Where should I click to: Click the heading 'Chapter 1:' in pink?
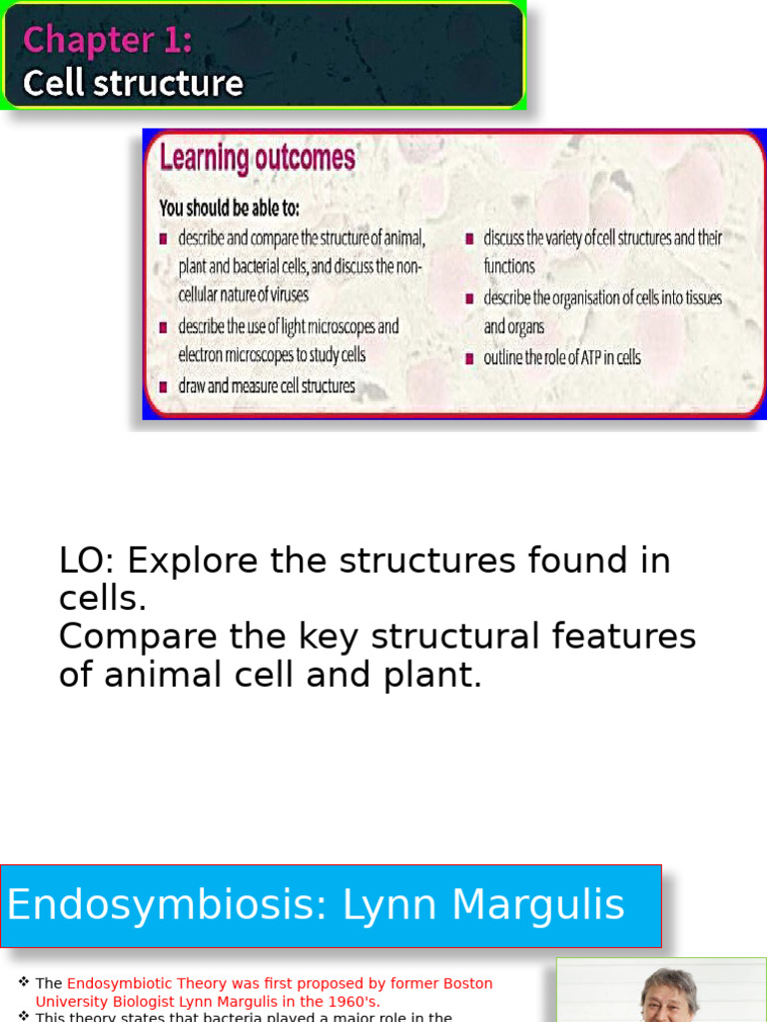(x=107, y=40)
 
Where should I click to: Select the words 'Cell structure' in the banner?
(x=133, y=83)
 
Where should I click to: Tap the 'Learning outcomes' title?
(x=257, y=158)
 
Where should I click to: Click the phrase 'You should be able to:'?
(x=229, y=209)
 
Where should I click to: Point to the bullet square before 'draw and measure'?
(x=164, y=387)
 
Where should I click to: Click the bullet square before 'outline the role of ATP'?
(x=469, y=358)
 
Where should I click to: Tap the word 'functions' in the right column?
(x=509, y=266)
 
